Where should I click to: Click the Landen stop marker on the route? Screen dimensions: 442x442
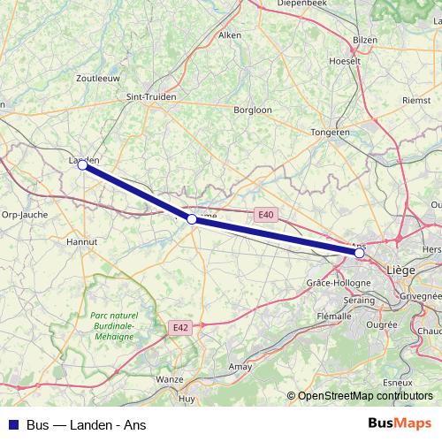(x=82, y=164)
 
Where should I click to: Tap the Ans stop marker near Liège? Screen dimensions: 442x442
(x=359, y=253)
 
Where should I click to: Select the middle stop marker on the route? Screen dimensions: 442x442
(x=192, y=218)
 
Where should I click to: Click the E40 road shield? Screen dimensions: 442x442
(x=266, y=215)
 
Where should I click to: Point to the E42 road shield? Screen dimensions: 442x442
(x=180, y=327)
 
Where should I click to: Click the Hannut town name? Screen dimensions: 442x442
(x=82, y=240)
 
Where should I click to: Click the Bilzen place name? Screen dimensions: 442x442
(x=364, y=41)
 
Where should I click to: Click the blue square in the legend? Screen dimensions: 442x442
(x=13, y=424)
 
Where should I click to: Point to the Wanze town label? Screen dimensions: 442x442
(x=169, y=379)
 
